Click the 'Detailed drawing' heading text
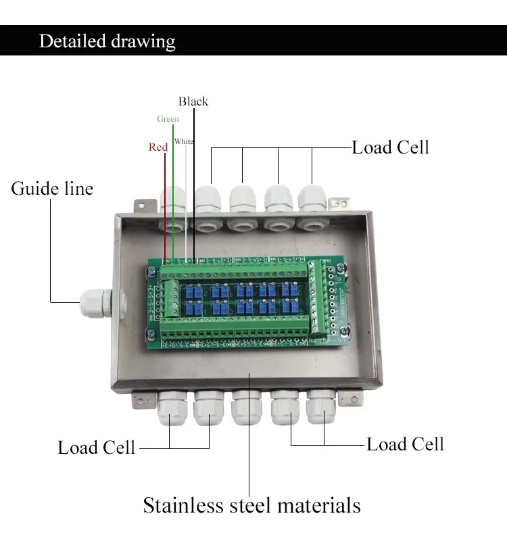(107, 41)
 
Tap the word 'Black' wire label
(193, 101)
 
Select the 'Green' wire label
(168, 119)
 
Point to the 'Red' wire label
(158, 147)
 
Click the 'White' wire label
(183, 141)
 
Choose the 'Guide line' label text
(52, 188)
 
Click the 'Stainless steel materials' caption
(251, 505)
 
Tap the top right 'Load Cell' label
(390, 147)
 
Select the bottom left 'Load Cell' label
(97, 448)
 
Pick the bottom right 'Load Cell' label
(405, 444)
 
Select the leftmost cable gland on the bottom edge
(171, 410)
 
